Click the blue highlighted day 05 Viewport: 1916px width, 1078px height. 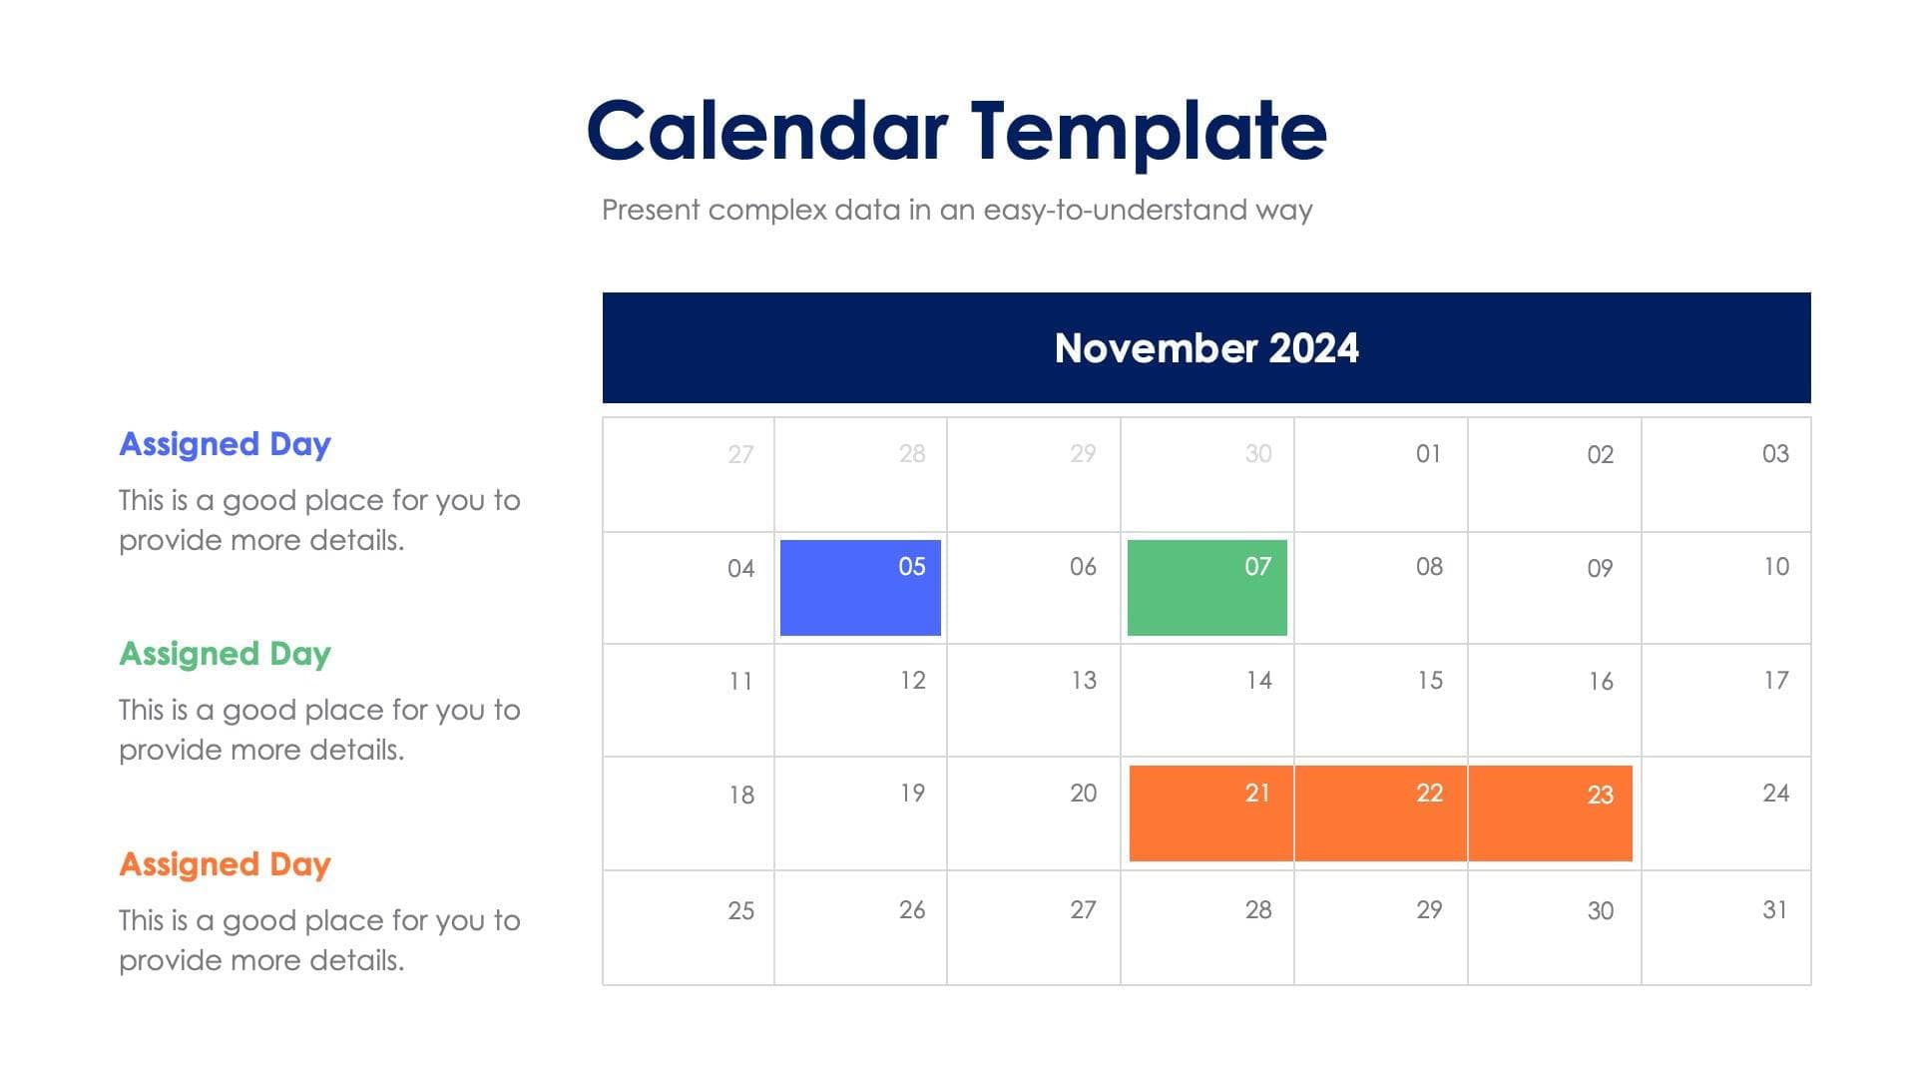click(x=860, y=588)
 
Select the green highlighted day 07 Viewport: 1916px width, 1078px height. click(x=1206, y=588)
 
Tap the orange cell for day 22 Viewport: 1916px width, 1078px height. click(x=1381, y=812)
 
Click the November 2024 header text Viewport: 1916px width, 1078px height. click(x=1205, y=348)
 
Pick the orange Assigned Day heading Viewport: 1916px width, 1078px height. click(x=225, y=864)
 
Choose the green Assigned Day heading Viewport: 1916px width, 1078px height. click(x=225, y=654)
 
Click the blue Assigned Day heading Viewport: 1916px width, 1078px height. click(x=225, y=444)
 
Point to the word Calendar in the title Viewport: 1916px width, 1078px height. click(x=766, y=131)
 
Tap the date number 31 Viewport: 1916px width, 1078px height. click(x=1774, y=909)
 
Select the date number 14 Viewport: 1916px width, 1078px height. click(x=1258, y=681)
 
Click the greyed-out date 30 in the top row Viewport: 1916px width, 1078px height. click(x=1257, y=454)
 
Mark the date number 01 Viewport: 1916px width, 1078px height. click(x=1428, y=454)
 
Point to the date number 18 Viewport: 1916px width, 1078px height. click(x=740, y=796)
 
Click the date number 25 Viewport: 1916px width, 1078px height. click(x=740, y=910)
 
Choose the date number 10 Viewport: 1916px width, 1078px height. click(x=1775, y=567)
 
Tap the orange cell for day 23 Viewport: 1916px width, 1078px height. click(x=1551, y=812)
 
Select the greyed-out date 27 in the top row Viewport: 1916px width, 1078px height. click(x=739, y=455)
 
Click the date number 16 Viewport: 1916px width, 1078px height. click(x=1601, y=682)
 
